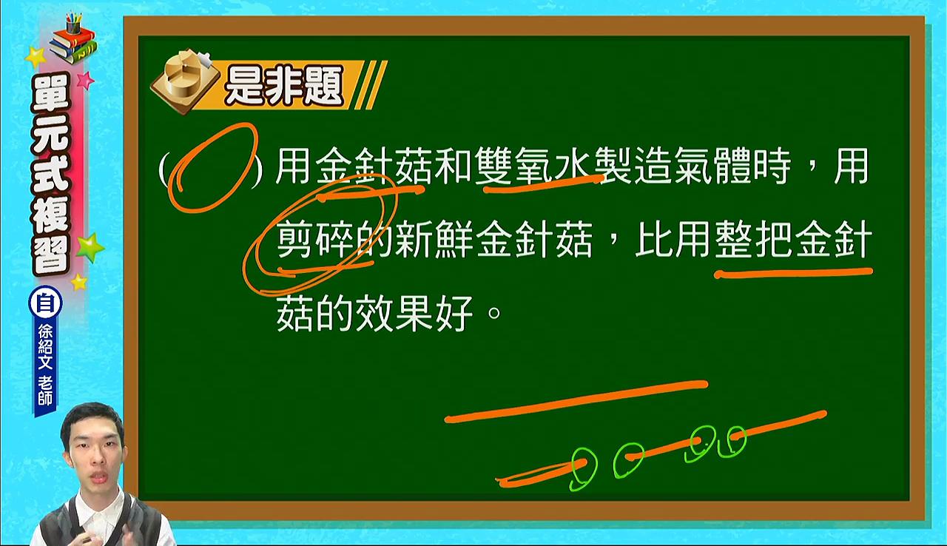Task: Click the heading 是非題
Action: pos(283,87)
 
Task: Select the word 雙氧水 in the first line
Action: pos(535,166)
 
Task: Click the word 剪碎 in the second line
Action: pos(315,239)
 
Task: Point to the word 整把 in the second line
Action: pos(754,239)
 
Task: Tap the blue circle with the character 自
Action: pos(45,303)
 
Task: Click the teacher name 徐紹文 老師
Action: pos(45,364)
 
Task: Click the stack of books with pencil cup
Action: pos(73,39)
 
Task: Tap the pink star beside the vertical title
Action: pos(85,81)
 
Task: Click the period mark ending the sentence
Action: pos(494,314)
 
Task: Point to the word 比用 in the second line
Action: pos(673,239)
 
